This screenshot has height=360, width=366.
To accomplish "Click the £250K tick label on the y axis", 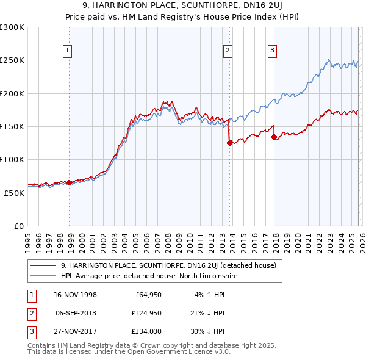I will (x=12, y=60).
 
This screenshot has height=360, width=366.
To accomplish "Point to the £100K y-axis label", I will (x=12, y=159).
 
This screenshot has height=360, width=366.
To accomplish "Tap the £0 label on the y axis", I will (x=18, y=226).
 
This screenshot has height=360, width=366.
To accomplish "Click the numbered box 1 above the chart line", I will (x=66, y=51).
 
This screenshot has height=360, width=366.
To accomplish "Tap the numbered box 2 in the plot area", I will (x=228, y=51).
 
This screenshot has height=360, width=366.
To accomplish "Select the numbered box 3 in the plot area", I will (x=272, y=51).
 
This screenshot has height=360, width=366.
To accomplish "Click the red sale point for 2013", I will (x=229, y=143).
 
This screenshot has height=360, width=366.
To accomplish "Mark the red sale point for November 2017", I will (x=274, y=137).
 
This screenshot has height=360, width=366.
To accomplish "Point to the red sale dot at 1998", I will (x=70, y=182).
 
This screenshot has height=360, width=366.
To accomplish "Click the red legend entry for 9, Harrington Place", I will (x=168, y=265).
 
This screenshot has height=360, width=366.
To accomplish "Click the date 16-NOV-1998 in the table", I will (x=76, y=295).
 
